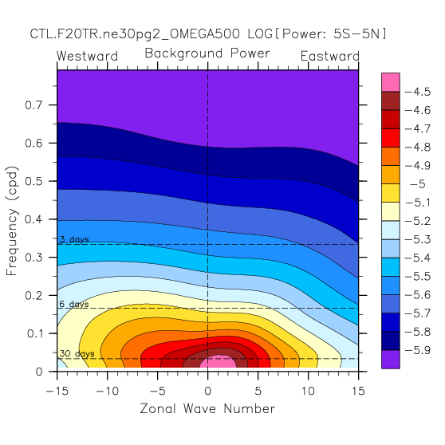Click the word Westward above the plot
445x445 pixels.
click(87, 56)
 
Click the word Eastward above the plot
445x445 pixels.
click(330, 56)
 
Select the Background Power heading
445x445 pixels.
click(207, 53)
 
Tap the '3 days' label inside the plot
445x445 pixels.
click(74, 239)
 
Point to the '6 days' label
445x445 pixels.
click(74, 304)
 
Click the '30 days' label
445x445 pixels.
click(77, 353)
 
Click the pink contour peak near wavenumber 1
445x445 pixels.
click(218, 361)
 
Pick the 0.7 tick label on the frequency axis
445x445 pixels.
click(33, 105)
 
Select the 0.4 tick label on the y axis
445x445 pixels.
click(33, 219)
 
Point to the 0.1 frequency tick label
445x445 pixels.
click(34, 333)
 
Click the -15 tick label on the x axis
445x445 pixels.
click(57, 391)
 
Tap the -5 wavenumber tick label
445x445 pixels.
click(158, 391)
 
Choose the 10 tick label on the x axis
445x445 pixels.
click(308, 391)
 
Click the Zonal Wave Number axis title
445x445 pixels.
click(207, 408)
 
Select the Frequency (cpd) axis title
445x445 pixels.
click(12, 221)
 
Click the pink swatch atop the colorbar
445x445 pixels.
click(391, 82)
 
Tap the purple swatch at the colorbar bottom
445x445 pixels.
click(391, 360)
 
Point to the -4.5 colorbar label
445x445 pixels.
click(417, 92)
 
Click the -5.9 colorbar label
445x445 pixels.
click(417, 350)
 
